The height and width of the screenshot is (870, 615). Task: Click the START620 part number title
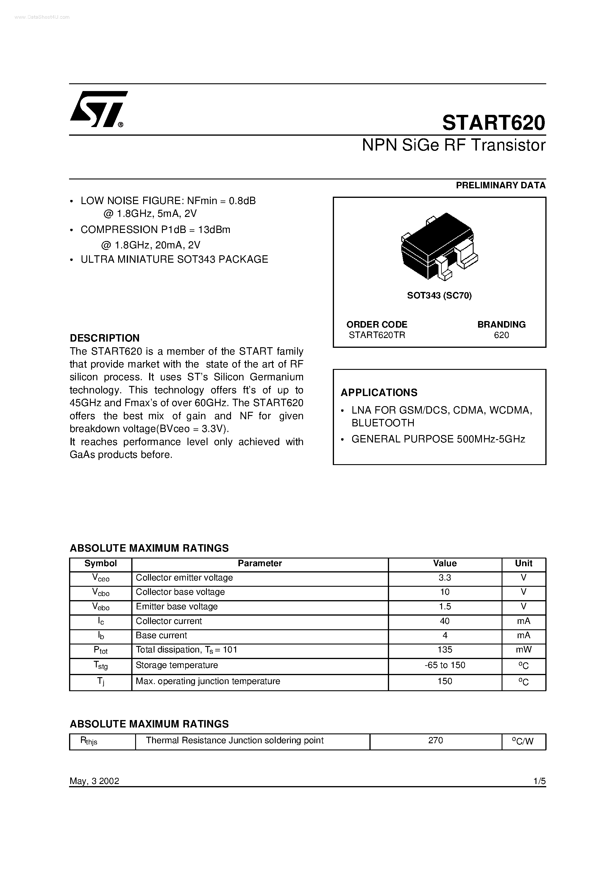[x=493, y=123]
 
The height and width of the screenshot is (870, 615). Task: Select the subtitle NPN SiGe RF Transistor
[x=453, y=145]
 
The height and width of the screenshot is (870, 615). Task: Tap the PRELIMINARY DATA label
[x=500, y=185]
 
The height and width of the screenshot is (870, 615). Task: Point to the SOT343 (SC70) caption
[x=439, y=295]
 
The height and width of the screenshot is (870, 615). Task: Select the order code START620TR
[x=377, y=335]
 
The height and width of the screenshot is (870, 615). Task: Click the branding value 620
[x=501, y=335]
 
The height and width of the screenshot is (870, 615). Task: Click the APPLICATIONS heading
[x=379, y=392]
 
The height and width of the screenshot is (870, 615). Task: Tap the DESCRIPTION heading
[x=105, y=338]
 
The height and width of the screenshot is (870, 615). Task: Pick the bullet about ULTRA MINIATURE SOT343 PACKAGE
[x=174, y=259]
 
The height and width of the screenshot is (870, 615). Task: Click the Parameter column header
[x=260, y=564]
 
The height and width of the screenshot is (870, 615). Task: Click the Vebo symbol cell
[x=101, y=607]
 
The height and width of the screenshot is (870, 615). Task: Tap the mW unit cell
[x=523, y=650]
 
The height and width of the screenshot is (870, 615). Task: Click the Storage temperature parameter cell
[x=177, y=665]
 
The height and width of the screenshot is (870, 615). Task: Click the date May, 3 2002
[x=94, y=781]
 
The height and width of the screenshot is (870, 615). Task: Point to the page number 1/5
[x=539, y=781]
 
